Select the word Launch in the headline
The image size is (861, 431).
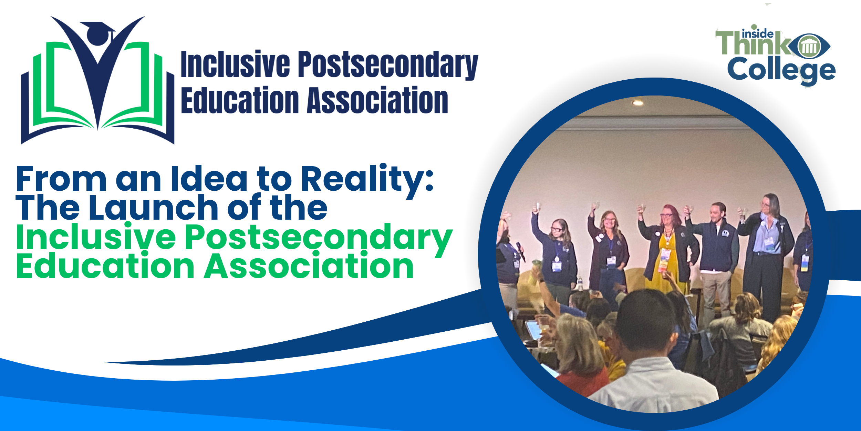tap(154, 208)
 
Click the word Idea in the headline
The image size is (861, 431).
tap(209, 179)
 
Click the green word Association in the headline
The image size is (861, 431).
tap(309, 266)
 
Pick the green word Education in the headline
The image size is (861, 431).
tap(105, 266)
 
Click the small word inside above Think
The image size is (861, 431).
tap(758, 34)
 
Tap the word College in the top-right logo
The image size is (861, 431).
tap(781, 71)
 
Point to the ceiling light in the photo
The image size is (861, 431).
tap(638, 102)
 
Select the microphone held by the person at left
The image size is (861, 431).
tap(520, 251)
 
